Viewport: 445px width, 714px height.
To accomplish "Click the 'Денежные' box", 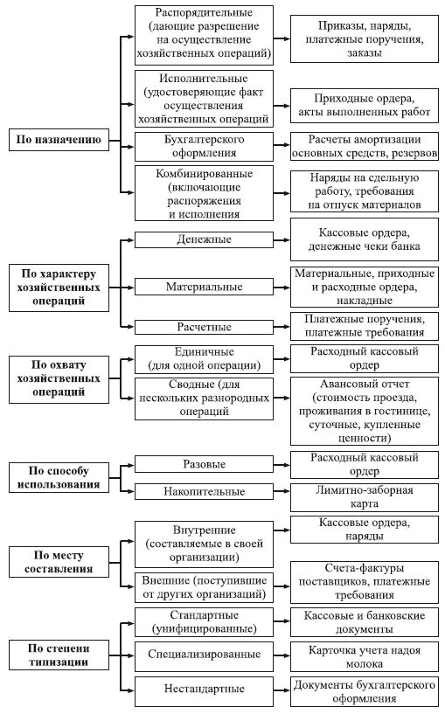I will [203, 239].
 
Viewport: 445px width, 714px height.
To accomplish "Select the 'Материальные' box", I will [203, 286].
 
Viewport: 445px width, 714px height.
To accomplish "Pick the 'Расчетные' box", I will [203, 327].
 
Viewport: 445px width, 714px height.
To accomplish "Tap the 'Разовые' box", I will [203, 464].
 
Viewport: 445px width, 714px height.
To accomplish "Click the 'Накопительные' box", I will [203, 492].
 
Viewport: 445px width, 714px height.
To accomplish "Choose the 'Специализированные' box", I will [203, 653].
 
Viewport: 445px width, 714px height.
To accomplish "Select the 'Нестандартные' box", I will [203, 690].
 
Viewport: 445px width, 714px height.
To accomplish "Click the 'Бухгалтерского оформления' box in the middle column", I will [203, 145].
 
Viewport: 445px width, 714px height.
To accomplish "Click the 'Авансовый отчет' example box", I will [365, 411].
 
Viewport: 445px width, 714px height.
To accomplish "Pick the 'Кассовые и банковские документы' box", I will [365, 622].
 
